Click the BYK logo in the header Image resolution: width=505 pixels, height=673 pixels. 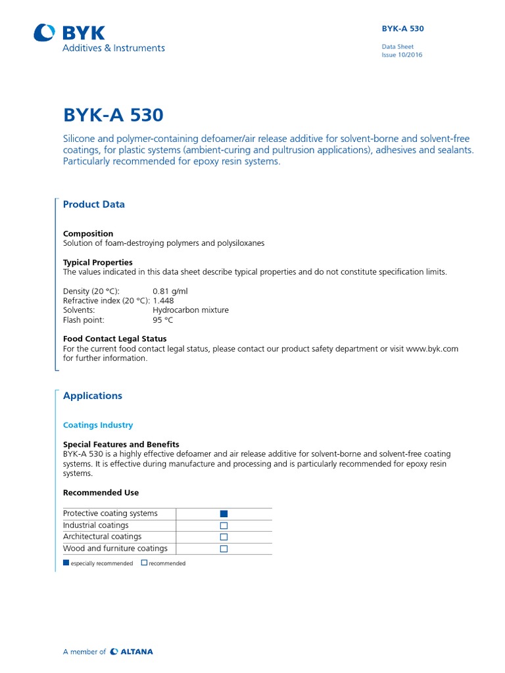coord(69,34)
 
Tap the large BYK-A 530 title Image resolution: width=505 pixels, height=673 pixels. coord(113,115)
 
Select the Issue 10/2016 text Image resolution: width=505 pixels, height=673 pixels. coord(402,55)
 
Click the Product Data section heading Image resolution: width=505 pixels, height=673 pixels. coord(93,204)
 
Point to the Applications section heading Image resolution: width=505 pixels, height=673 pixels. coord(92,396)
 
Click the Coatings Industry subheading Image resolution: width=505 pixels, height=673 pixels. coord(98,425)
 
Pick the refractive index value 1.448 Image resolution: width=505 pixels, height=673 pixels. coord(163,301)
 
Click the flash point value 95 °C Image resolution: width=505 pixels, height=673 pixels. coord(162,320)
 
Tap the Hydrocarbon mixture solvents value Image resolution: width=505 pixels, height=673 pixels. coord(190,310)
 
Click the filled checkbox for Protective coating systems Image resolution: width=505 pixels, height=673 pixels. coord(224,514)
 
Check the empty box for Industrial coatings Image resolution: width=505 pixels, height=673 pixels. coord(224,526)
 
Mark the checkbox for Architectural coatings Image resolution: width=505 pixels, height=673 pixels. coord(224,537)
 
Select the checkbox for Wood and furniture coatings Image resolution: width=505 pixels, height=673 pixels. coord(224,549)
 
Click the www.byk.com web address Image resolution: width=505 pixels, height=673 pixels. coord(432,349)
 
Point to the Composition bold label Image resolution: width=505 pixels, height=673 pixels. coord(88,233)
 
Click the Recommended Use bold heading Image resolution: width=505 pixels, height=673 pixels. coord(101,492)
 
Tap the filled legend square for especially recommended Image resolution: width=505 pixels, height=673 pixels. coord(66,563)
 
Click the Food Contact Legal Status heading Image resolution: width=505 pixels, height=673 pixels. coord(114,339)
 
